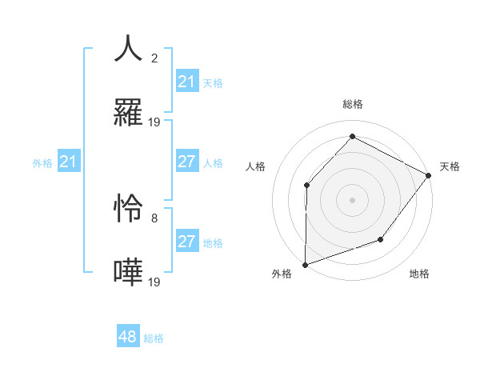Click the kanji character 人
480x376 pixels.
[x=129, y=48]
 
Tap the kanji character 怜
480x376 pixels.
[x=129, y=208]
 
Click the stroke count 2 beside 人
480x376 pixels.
[x=154, y=58]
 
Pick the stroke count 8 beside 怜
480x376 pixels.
[x=154, y=218]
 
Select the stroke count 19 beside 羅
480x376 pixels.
[x=154, y=122]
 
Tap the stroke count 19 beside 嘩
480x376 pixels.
[x=154, y=282]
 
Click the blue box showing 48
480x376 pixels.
[x=128, y=337]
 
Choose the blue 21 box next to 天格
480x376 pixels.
[x=187, y=82]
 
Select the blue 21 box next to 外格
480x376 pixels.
[x=69, y=162]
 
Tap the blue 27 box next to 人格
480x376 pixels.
[x=187, y=162]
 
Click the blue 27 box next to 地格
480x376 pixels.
[x=187, y=242]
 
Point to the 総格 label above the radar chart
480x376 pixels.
[x=352, y=104]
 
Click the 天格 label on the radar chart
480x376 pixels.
[x=450, y=166]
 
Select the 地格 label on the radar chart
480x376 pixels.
[x=419, y=274]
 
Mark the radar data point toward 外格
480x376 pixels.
[x=305, y=264]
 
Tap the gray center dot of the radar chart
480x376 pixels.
[x=352, y=199]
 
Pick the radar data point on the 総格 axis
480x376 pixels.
[x=352, y=136]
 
